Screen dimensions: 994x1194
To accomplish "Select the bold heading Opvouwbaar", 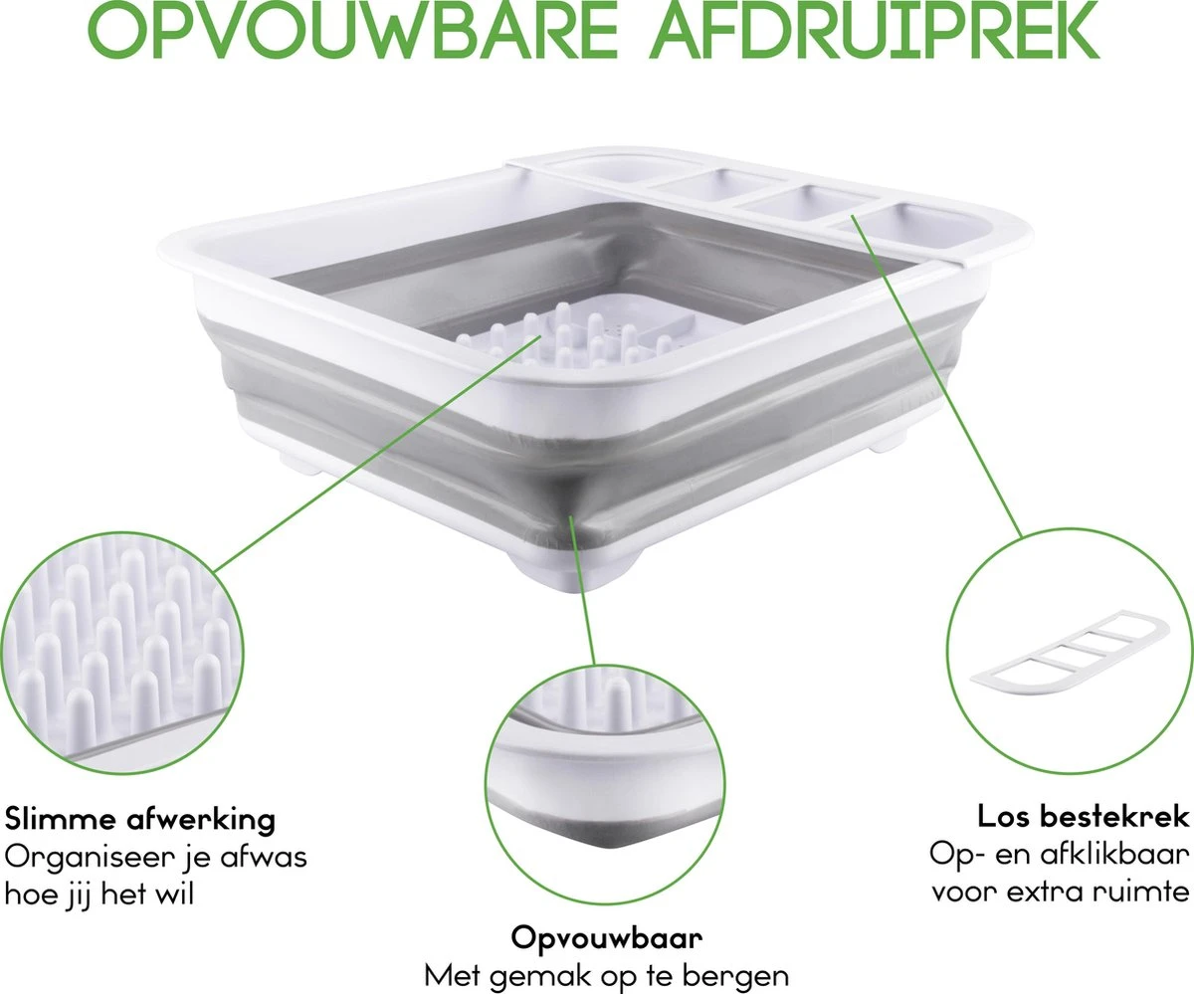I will point(607,937).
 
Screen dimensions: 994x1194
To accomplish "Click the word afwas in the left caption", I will point(275,856).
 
